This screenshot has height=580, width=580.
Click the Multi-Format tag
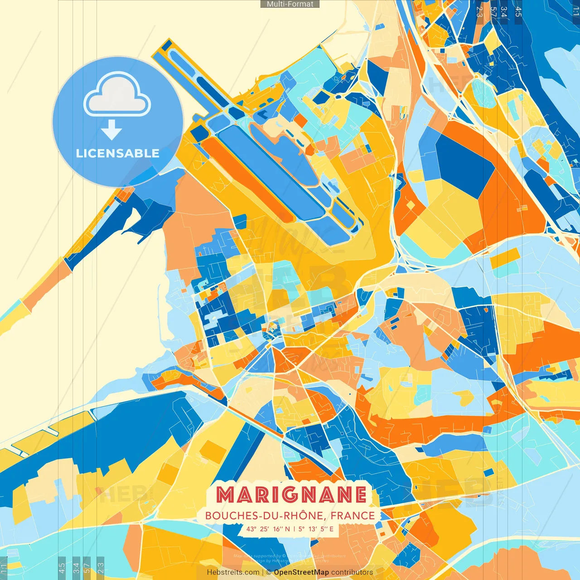(290, 4)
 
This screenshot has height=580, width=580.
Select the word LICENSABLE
(117, 153)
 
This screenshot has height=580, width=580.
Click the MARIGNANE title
(291, 495)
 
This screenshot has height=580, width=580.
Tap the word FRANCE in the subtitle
(353, 516)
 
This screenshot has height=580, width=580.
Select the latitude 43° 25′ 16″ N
(268, 529)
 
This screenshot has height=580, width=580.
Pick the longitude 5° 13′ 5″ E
(316, 529)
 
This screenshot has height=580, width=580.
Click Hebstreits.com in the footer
(233, 572)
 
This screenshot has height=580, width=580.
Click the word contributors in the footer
(352, 572)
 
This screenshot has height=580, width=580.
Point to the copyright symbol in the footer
(269, 572)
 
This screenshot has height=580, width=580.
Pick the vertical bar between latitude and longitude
(294, 529)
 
